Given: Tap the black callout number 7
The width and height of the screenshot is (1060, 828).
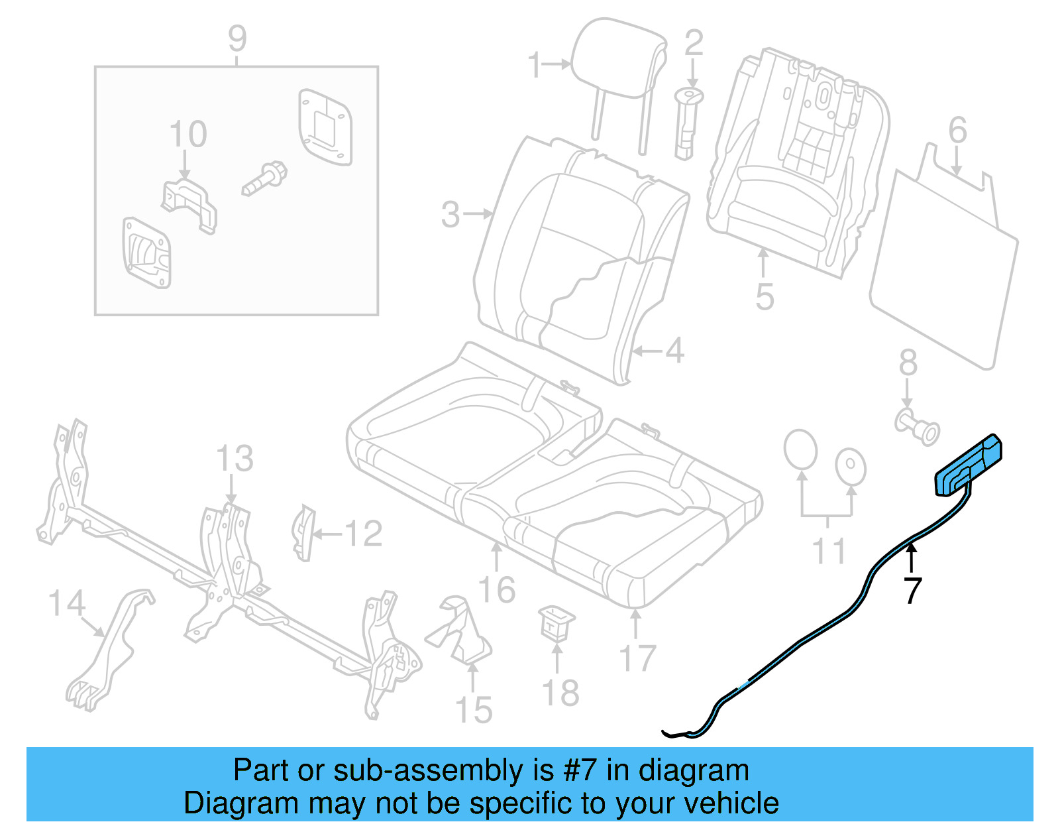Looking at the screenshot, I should tap(912, 590).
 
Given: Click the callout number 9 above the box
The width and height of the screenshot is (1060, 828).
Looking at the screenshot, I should tap(237, 38).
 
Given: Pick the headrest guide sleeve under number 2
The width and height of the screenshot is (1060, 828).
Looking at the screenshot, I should tap(687, 123).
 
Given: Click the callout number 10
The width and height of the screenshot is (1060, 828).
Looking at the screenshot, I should tap(187, 135).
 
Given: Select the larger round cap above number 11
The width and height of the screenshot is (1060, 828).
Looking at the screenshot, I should tap(800, 450).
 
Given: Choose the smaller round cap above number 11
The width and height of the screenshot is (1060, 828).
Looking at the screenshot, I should tap(851, 467).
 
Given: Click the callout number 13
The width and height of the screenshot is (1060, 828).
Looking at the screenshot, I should tap(235, 458).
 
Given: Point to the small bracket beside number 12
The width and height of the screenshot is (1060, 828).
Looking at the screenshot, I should tap(304, 532).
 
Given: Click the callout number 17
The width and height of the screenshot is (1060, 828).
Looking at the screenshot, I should tap(637, 658).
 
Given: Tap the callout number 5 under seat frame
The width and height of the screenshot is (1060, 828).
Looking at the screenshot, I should tap(764, 296).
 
